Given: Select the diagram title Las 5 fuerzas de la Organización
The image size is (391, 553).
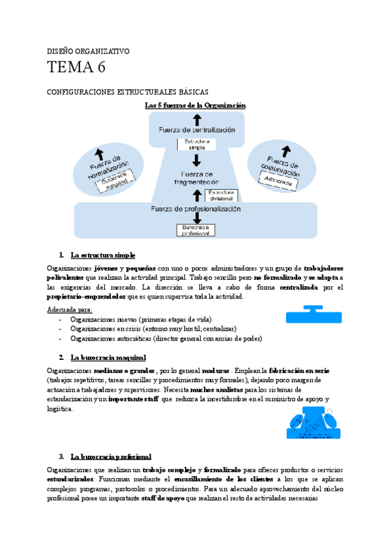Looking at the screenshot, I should (x=195, y=105).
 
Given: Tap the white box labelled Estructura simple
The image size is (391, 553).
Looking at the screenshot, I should (x=196, y=144).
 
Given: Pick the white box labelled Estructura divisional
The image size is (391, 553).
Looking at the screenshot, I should (x=222, y=195).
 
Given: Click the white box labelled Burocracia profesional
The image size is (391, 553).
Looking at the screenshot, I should (x=195, y=230).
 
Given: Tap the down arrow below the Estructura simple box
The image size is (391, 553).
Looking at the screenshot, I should (x=196, y=160).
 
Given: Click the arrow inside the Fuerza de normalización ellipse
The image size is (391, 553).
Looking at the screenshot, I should (x=100, y=154).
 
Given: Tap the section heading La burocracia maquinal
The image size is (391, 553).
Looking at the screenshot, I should (x=108, y=357).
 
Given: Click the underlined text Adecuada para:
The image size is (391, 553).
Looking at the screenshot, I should (x=70, y=309).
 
